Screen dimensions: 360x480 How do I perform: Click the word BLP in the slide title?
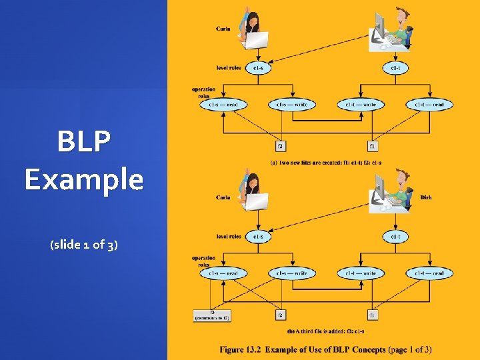click(84, 141)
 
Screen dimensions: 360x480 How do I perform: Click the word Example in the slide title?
click(84, 179)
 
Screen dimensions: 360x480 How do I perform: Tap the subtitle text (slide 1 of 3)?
click(84, 245)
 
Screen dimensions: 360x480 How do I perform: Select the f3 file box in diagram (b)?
click(211, 315)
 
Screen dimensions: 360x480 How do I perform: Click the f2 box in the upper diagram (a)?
click(281, 145)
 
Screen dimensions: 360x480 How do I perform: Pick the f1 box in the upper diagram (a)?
click(373, 145)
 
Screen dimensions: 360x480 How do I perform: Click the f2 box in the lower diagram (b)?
click(281, 314)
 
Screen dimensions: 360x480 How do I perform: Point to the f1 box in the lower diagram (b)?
click(373, 314)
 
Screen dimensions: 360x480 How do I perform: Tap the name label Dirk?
click(426, 197)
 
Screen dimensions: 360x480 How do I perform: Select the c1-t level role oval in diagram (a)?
click(395, 67)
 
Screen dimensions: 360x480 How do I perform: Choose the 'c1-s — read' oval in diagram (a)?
click(223, 105)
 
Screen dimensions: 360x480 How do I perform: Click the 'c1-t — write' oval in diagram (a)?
click(360, 105)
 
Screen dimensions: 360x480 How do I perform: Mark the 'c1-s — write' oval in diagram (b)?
click(291, 273)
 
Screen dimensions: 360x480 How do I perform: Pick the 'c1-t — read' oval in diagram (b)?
click(429, 273)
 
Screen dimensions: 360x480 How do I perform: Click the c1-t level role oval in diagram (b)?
click(395, 236)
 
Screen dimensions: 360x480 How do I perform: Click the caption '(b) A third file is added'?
click(325, 331)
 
